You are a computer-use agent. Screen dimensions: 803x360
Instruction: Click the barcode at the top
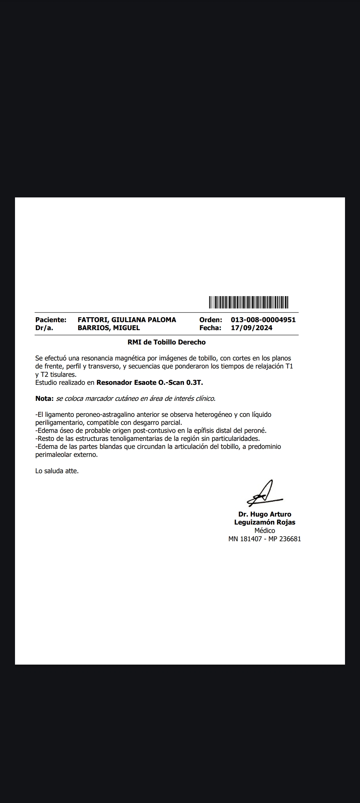[249, 302]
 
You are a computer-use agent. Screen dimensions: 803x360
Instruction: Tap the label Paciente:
[51, 320]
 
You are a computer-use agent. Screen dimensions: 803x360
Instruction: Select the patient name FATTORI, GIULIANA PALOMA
[127, 320]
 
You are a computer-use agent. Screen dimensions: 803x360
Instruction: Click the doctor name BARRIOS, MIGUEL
[109, 328]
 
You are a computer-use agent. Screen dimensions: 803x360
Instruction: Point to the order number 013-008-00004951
[263, 320]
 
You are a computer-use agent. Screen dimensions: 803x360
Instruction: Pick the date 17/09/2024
[251, 328]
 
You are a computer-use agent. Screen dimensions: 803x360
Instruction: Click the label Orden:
[211, 320]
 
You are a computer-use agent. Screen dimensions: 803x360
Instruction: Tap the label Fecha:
[210, 328]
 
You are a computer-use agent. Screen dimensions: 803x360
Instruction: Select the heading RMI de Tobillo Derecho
[166, 342]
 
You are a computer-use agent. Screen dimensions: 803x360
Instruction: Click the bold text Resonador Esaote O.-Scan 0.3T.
[150, 382]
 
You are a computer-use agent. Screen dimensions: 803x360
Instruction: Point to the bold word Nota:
[44, 398]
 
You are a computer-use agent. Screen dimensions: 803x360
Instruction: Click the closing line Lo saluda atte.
[57, 471]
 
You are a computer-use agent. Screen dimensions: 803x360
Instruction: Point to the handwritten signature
[264, 494]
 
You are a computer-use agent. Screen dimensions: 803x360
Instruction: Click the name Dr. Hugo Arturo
[265, 514]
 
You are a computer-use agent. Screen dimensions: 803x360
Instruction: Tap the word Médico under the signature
[265, 531]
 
